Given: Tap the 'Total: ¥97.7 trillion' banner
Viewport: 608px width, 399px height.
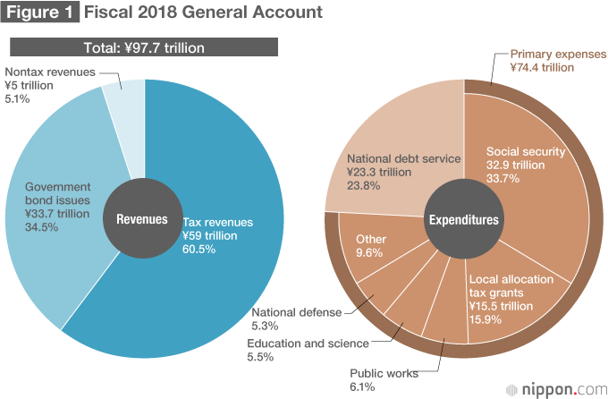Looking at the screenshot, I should coord(144,47).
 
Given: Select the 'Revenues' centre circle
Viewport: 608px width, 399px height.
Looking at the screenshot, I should coord(141,218).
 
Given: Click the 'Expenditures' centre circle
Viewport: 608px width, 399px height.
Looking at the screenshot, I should coord(463,218).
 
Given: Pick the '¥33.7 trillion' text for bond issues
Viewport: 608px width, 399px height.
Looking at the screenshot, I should coord(57,213).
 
